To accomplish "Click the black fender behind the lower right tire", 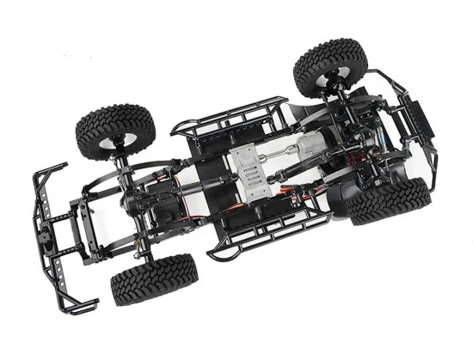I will tap(344, 203).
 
